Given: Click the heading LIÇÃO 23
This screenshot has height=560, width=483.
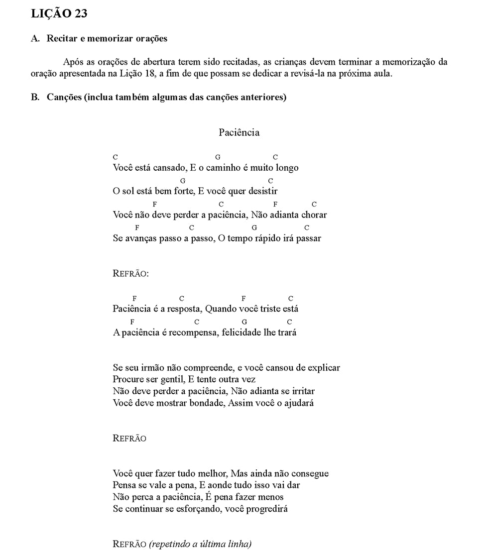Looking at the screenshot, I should tap(59, 14).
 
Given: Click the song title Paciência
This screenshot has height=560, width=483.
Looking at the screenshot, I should tap(239, 132).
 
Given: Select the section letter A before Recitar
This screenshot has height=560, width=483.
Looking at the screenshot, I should tap(35, 38).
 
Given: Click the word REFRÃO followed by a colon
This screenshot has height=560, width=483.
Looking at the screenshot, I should tap(131, 273).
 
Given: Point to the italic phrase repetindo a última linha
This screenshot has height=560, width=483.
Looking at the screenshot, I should tap(200, 544).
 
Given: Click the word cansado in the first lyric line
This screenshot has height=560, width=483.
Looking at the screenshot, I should tap(169, 168).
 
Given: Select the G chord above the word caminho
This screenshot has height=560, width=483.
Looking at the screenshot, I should tap(218, 157).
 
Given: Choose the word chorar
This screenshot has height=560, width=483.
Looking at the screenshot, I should tap(314, 215).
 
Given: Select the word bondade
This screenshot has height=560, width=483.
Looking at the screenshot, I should tap(207, 403).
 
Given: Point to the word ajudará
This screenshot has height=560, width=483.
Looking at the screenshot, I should tap(299, 403).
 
